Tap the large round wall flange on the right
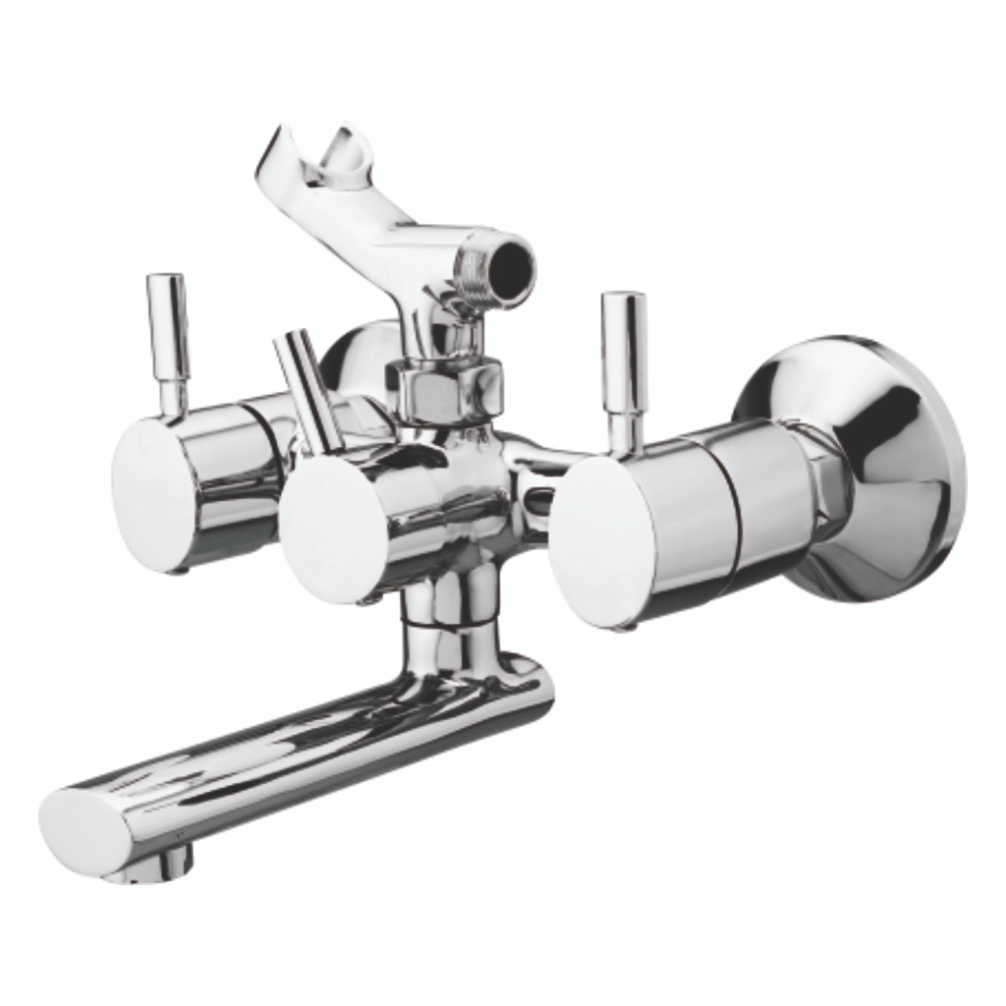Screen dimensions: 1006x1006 (874, 462)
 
